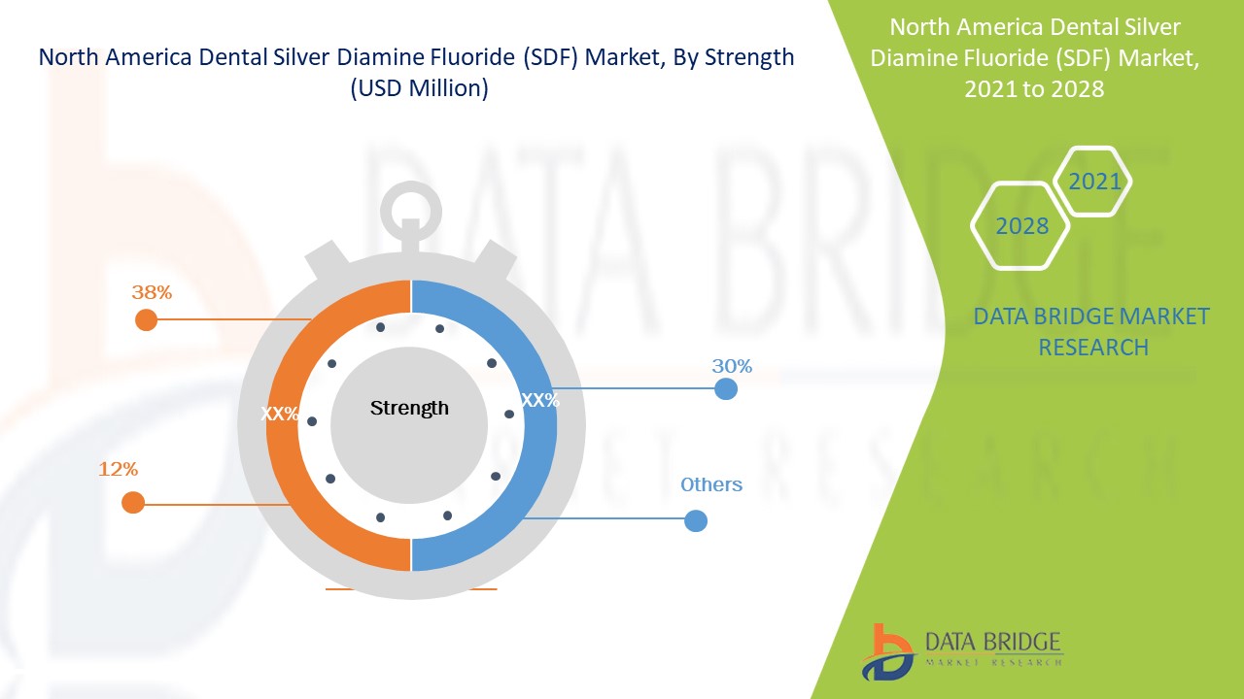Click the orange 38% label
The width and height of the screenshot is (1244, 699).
pos(152,291)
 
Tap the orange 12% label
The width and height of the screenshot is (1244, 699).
pos(118,469)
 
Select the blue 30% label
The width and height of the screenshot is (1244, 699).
pos(732,366)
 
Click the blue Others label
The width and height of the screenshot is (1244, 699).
pos(711,484)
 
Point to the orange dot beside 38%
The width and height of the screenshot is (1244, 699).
pos(146,319)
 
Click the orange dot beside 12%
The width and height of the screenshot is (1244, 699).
pos(133,503)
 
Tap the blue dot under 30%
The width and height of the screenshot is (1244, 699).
pos(725,389)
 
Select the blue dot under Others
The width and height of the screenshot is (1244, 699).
pos(695,521)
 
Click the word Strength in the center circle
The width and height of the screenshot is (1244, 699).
pos(409,408)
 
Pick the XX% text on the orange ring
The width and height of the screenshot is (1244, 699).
pos(280,414)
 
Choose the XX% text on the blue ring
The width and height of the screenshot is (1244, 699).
pos(540,400)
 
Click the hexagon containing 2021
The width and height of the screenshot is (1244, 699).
pos(1094,182)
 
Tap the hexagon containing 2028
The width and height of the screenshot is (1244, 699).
pos(1021,226)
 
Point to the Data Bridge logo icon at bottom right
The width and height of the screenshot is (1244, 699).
pos(887,651)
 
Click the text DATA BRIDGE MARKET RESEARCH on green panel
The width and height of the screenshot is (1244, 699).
pos(1091,331)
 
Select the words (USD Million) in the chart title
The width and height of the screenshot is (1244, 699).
pos(418,88)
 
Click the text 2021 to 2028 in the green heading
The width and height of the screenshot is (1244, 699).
pos(1034,88)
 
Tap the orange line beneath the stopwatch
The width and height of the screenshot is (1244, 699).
pos(410,588)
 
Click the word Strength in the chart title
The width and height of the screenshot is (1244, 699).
pos(750,58)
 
